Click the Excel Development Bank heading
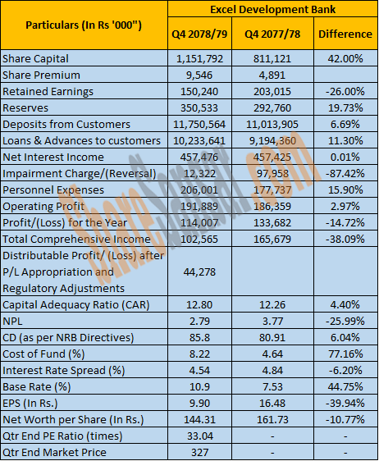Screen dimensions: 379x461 coord(272,9)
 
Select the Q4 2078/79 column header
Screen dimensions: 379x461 coord(199,34)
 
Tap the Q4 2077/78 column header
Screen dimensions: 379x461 coord(272,34)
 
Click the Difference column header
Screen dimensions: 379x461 coord(345,34)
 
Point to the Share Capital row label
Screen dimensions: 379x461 coord(35,59)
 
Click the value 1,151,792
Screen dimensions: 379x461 coord(199,59)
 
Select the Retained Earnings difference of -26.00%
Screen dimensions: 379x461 coord(345,91)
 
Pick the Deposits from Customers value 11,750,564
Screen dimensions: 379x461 coord(199,125)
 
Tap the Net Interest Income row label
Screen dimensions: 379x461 coord(53,157)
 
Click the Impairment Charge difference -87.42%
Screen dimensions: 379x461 coord(345,173)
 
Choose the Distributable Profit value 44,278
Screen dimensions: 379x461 coord(199,272)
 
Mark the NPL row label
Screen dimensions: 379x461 coord(12,322)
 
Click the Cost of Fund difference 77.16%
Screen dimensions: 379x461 coord(345,354)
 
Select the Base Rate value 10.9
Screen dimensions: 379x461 coord(199,386)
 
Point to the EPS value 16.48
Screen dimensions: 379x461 coord(272,403)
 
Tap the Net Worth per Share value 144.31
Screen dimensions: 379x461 coord(199,419)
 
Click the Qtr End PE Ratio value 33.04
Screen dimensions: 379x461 coord(199,436)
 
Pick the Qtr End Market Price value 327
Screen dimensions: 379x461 coord(199,452)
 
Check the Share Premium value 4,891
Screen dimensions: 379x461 coord(272,75)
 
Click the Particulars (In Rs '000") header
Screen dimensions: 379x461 coord(84,25)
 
